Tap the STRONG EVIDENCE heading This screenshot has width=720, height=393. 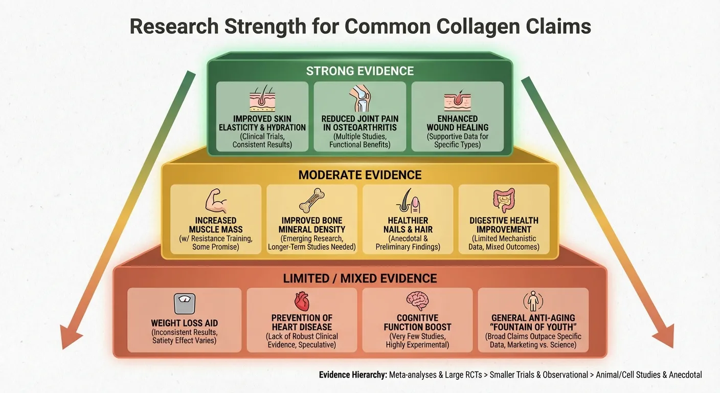pos(359,71)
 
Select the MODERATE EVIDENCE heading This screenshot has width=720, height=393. pos(359,175)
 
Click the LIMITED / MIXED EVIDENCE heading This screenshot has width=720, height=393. pos(359,278)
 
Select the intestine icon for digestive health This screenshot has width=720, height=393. pos(504,201)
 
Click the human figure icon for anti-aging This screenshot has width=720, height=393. pos(533,302)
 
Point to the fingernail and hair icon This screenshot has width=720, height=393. pos(408,202)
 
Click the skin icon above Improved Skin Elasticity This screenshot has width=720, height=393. pos(262,99)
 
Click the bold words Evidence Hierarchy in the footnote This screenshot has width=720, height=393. pos(352,375)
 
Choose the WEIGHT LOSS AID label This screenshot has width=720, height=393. pos(184,323)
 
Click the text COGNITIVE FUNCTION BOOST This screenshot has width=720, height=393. pos(417,322)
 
